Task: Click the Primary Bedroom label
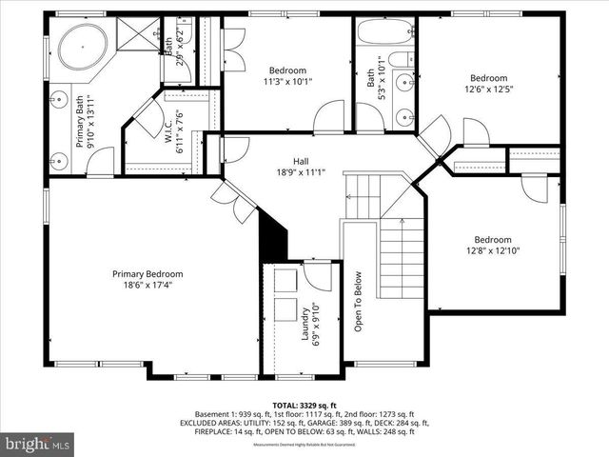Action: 147,274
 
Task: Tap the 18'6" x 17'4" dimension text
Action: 147,285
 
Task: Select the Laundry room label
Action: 304,325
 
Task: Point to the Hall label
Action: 286,162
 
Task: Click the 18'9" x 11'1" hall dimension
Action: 286,172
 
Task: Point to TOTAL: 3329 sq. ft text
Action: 305,405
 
